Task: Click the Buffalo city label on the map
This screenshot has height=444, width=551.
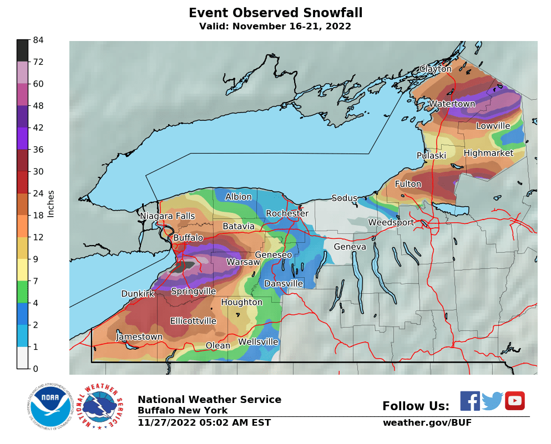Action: click(188, 238)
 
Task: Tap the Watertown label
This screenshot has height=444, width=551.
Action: click(452, 104)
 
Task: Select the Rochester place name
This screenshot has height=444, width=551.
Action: click(287, 213)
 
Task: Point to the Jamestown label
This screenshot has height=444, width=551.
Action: click(139, 337)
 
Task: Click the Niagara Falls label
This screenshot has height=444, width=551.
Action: click(167, 216)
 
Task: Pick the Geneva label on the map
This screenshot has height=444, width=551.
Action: click(350, 247)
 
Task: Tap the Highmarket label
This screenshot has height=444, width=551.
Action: click(488, 153)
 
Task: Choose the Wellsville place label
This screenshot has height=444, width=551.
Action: click(258, 342)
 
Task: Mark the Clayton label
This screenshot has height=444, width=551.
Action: click(435, 69)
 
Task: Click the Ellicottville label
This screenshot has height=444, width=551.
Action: click(193, 321)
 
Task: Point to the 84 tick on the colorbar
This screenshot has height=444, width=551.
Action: click(38, 40)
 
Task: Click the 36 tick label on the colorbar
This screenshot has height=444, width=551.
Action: click(38, 150)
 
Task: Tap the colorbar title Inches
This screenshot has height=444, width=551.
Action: click(51, 204)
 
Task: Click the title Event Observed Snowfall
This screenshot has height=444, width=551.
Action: click(275, 13)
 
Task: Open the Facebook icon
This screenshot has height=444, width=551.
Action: click(470, 401)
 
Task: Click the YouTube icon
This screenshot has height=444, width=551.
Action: click(514, 401)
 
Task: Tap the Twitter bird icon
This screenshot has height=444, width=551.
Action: click(492, 401)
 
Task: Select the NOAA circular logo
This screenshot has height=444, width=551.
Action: click(50, 407)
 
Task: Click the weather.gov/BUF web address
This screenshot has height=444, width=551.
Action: click(427, 423)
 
